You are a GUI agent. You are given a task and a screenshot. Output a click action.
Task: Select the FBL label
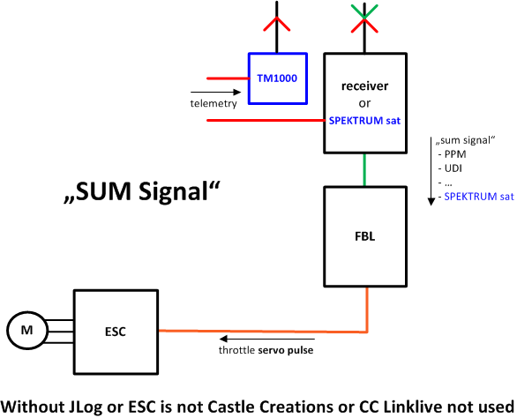pyautogui.click(x=364, y=236)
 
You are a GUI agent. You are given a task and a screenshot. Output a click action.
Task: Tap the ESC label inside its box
pyautogui.click(x=116, y=332)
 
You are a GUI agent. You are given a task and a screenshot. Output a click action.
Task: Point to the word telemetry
pyautogui.click(x=214, y=103)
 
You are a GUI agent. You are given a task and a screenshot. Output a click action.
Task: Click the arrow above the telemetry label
pyautogui.click(x=215, y=92)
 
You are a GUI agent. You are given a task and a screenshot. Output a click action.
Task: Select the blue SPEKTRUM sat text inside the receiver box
pyautogui.click(x=364, y=121)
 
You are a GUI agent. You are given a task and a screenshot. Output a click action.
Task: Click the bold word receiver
pyautogui.click(x=364, y=86)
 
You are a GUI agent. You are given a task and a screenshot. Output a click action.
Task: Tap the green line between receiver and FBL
pyautogui.click(x=364, y=170)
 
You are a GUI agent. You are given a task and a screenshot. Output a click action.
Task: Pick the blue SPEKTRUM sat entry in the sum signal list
pyautogui.click(x=479, y=197)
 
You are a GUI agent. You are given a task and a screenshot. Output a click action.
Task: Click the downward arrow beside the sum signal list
pyautogui.click(x=431, y=171)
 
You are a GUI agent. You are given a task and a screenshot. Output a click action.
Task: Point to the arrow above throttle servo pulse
pyautogui.click(x=267, y=339)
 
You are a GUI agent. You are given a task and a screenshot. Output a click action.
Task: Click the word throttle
pyautogui.click(x=236, y=350)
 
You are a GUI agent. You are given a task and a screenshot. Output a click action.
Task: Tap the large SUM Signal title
pyautogui.click(x=141, y=191)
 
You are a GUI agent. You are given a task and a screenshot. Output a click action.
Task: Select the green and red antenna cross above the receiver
pyautogui.click(x=364, y=19)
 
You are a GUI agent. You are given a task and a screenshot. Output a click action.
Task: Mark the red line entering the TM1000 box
pyautogui.click(x=228, y=78)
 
